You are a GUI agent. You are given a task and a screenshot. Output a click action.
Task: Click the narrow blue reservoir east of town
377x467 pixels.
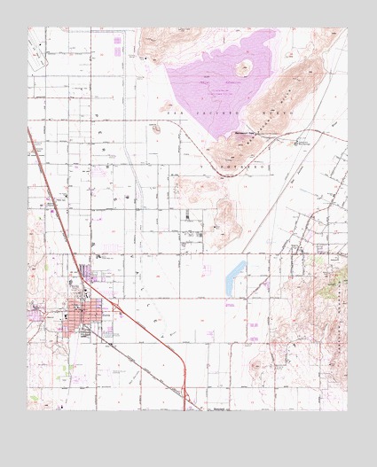pyautogui.click(x=235, y=276)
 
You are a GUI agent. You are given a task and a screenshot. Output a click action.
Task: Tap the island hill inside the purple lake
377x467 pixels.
pyautogui.click(x=243, y=68)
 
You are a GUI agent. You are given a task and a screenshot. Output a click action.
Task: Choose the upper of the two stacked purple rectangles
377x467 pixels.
pyautogui.click(x=118, y=38)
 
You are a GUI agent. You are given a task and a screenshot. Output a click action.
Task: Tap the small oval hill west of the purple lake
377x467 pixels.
pyautogui.click(x=155, y=128)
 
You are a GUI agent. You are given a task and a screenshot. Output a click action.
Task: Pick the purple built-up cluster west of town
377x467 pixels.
pyautogui.click(x=38, y=310)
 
